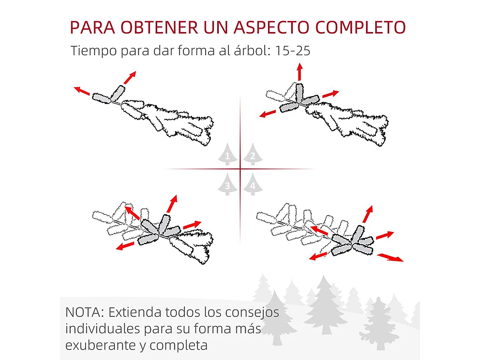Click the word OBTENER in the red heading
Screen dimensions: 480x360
tap(160, 27)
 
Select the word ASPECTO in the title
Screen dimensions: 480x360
tap(272, 27)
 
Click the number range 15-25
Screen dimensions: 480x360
tap(292, 51)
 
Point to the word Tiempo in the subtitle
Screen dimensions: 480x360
tap(94, 51)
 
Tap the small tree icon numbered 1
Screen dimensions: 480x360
tap(228, 154)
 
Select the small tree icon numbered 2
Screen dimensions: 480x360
tap(253, 154)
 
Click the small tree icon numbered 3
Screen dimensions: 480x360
tap(228, 184)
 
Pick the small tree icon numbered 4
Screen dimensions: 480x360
tap(253, 184)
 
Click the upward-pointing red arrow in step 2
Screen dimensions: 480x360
tap(300, 72)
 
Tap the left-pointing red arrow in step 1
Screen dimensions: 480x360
tap(82, 91)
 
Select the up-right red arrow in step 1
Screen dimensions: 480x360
tap(130, 77)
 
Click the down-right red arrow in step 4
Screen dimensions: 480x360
tap(390, 257)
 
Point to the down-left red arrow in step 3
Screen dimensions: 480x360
tap(125, 246)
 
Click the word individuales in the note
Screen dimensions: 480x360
tap(102, 328)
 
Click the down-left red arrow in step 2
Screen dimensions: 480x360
tap(268, 114)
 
